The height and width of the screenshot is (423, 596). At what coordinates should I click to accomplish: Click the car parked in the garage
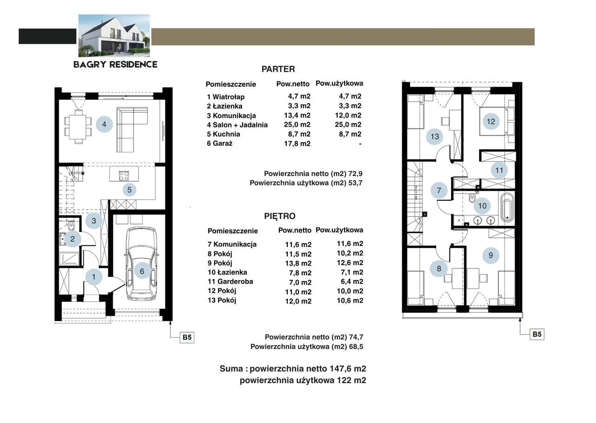[x=142, y=264]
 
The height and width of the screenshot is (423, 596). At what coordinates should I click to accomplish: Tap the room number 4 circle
[x=104, y=124]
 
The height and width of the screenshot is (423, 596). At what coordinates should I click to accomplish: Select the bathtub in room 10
[x=507, y=208]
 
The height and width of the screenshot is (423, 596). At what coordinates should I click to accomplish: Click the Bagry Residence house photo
[x=114, y=36]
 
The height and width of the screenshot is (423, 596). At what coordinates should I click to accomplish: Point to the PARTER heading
[x=278, y=69]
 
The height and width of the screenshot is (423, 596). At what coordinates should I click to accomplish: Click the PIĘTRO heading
[x=280, y=216]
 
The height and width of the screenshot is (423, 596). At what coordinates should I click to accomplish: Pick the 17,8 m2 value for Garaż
[x=297, y=144]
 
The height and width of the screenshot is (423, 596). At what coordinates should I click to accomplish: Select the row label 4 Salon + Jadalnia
[x=237, y=125]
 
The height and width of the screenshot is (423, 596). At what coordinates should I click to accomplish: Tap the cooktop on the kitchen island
[x=124, y=176]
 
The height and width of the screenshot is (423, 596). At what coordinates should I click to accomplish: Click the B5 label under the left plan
[x=187, y=337]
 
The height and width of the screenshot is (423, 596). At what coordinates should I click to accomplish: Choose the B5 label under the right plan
[x=537, y=334]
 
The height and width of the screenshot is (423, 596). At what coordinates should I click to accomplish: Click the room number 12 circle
[x=491, y=122]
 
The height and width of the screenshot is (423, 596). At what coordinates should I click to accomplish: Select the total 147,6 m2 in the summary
[x=348, y=368]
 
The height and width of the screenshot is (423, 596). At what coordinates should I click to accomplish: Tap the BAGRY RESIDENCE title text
[x=115, y=64]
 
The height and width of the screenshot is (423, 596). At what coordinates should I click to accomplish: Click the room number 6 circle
[x=142, y=271]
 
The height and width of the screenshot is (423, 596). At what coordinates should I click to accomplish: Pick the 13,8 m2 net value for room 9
[x=298, y=264]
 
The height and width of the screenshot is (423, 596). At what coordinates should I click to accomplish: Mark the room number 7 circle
[x=439, y=191]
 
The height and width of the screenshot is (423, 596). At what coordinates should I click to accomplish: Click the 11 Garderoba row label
[x=230, y=282]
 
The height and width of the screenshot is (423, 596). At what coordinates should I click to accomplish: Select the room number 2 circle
[x=72, y=239]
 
